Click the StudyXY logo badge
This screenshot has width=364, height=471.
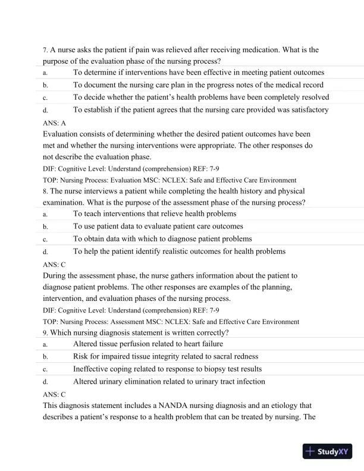[328, 451]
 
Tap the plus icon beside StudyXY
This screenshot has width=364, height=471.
[309, 451]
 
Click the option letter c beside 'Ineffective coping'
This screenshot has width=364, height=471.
[45, 369]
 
